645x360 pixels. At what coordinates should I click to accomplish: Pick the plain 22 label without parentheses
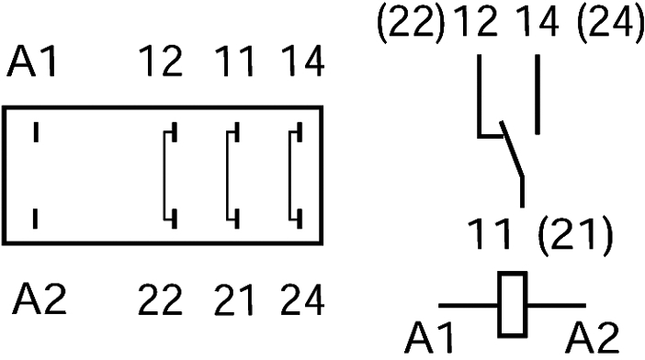(162, 300)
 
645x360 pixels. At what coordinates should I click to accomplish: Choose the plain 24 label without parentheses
(301, 300)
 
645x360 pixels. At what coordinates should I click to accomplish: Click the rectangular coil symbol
(512, 305)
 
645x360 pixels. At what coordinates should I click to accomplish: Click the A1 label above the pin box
(34, 64)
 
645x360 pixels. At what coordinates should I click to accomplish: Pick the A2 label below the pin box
(40, 300)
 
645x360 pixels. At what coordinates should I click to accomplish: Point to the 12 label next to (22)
(470, 22)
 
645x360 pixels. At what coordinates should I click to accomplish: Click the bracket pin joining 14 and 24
(295, 175)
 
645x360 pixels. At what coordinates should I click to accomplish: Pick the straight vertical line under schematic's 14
(535, 96)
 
